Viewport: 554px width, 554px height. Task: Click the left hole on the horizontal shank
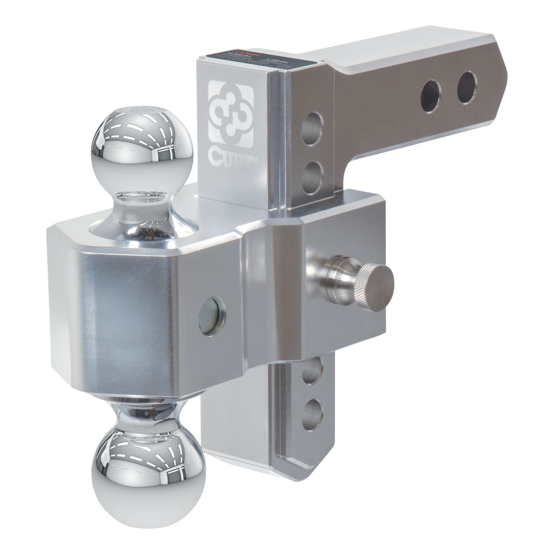pos(431,96)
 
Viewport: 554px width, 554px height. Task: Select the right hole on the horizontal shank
pos(466,87)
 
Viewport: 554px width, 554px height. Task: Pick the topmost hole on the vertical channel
pos(312,128)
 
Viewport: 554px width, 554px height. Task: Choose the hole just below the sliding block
pos(312,371)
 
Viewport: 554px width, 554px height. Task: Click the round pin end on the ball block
pos(212,315)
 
